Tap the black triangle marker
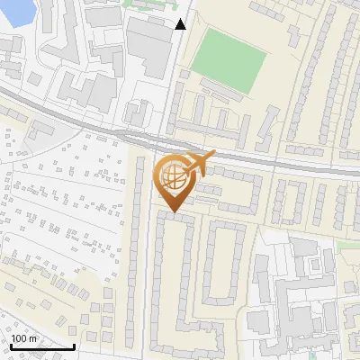(181, 24)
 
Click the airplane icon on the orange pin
(200, 163)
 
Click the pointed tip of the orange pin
(174, 212)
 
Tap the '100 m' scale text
(23, 338)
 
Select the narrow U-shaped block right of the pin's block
(220, 261)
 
